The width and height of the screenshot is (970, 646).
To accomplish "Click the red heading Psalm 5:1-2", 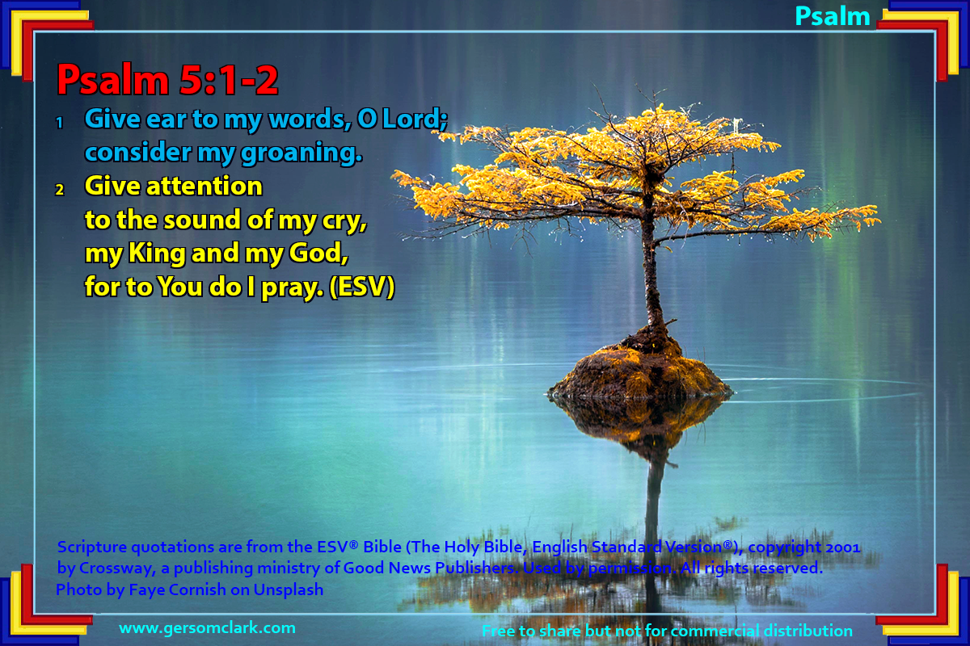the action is point(167,80).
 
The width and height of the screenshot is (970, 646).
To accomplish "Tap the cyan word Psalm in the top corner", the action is point(833,17).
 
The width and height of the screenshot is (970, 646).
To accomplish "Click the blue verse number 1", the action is point(60,123).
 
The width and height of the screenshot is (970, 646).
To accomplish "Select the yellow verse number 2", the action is point(60,190).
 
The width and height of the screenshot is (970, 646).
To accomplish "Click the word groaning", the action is point(302,153).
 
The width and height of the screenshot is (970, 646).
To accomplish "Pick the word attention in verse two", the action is point(204,186).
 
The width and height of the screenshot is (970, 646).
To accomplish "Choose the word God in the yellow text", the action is point(318,253).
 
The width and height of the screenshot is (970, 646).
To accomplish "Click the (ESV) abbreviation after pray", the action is point(362,287).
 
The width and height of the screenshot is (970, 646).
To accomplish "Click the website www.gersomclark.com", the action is point(208,627).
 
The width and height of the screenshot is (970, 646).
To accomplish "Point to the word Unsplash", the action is point(289,589).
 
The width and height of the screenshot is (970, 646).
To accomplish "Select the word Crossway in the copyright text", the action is point(117,568).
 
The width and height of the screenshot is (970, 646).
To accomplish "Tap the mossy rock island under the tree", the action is point(640,372).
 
